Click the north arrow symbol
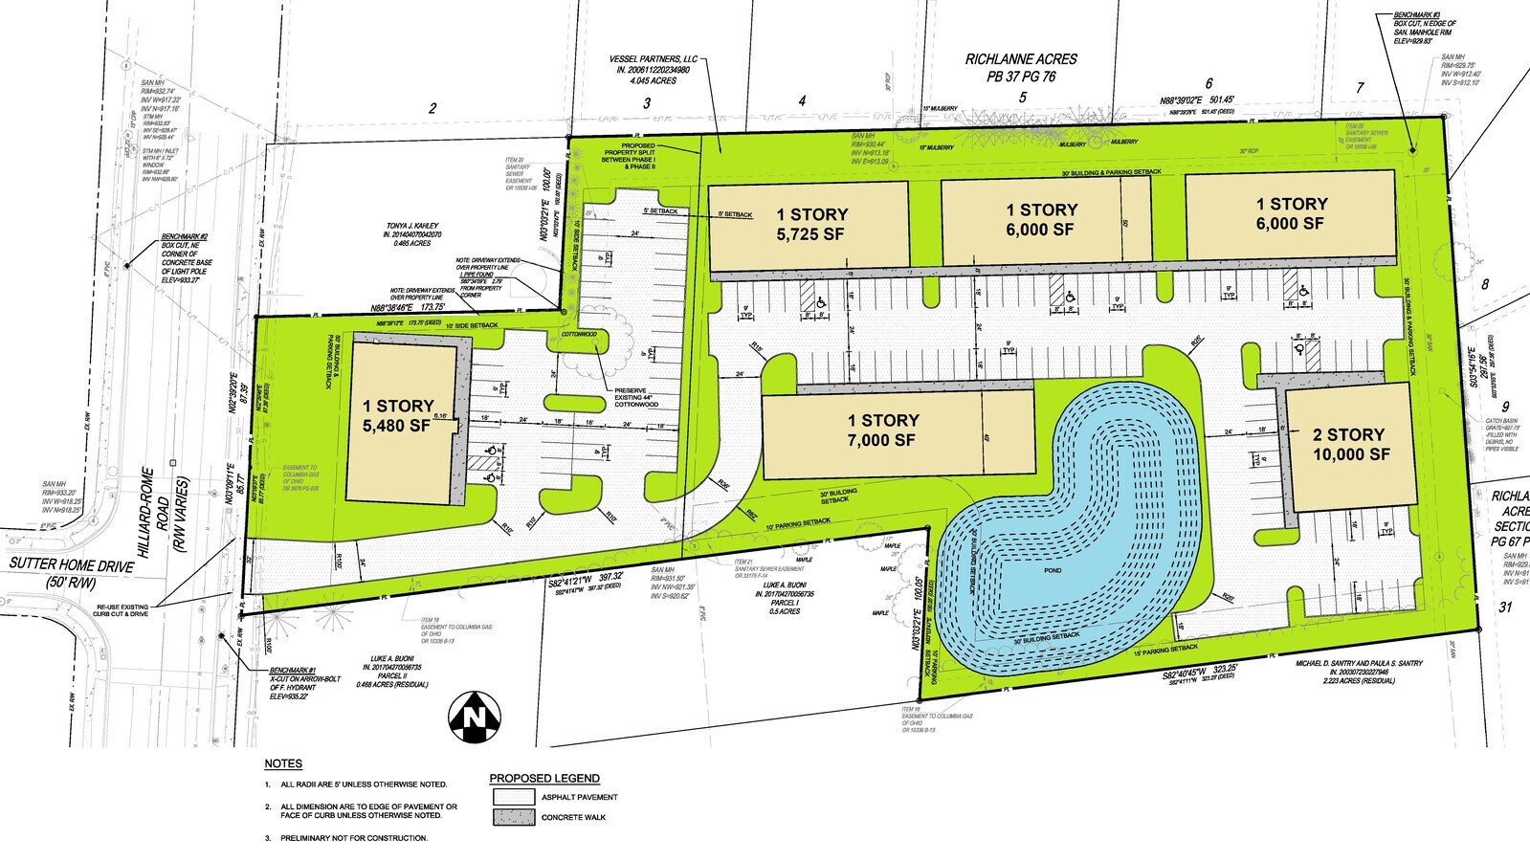[x=474, y=717]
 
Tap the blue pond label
[x=1053, y=571]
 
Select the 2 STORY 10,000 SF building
[x=1349, y=445]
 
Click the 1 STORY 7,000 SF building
[x=883, y=430]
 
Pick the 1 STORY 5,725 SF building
[x=811, y=224]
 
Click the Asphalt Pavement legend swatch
[x=514, y=797]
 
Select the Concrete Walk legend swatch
[x=514, y=818]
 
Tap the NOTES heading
[x=283, y=763]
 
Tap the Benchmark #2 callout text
[x=188, y=258]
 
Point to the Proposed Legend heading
[x=544, y=778]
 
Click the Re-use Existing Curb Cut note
[x=122, y=610]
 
